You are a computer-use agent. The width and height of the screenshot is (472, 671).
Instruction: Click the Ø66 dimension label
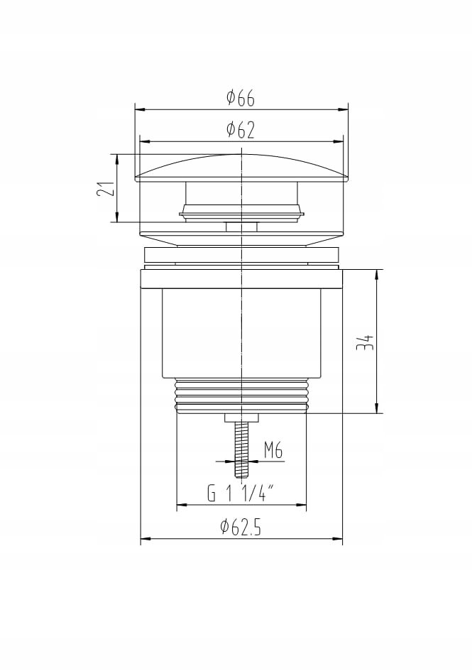(x=241, y=98)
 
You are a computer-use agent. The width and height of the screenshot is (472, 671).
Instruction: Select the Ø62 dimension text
(x=241, y=130)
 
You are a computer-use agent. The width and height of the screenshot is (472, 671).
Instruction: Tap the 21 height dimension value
(x=106, y=188)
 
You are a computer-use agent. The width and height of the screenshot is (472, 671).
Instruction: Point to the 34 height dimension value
(x=366, y=342)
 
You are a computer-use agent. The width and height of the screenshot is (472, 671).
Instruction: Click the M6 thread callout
(x=273, y=451)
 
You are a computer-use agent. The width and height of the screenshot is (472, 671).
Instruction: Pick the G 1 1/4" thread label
(x=241, y=493)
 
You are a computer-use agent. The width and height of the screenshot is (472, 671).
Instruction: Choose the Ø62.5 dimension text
(x=241, y=526)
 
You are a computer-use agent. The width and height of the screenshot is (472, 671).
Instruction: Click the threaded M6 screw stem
(x=242, y=449)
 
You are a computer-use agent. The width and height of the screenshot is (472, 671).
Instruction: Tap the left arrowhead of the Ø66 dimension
(x=140, y=109)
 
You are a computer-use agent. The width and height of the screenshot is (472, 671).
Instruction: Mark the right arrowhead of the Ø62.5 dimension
(x=337, y=538)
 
